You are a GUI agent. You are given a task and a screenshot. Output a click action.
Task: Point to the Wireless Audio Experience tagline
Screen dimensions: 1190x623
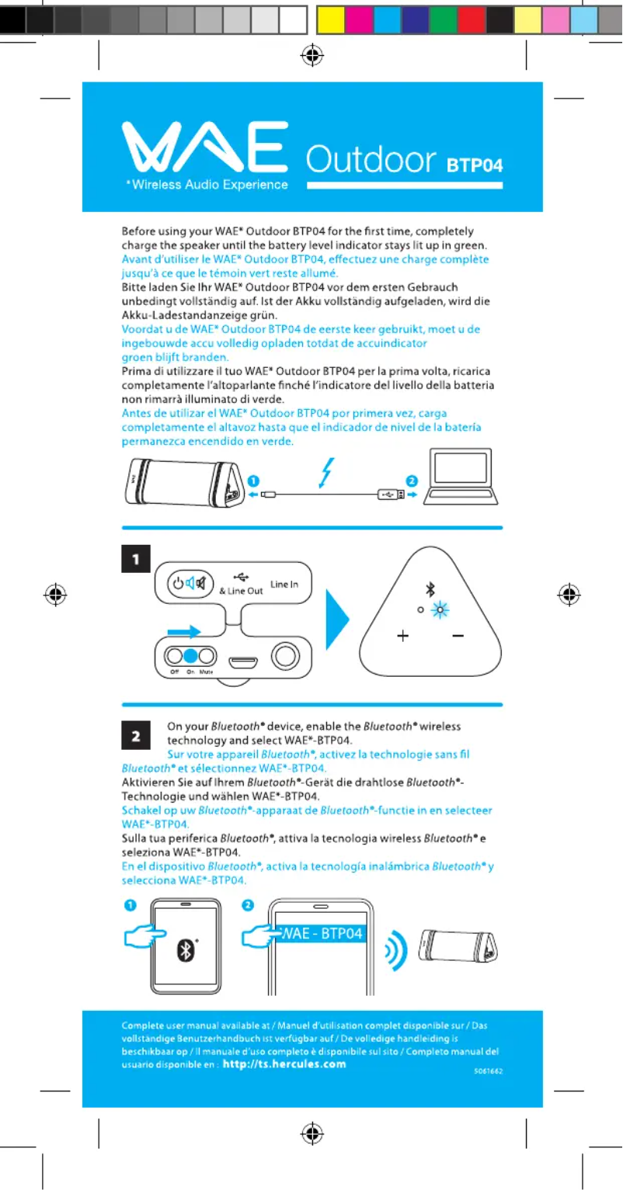[207, 185]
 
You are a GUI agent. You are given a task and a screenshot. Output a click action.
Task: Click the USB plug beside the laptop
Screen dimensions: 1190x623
[390, 493]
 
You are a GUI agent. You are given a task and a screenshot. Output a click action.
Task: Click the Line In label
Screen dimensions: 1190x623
[284, 584]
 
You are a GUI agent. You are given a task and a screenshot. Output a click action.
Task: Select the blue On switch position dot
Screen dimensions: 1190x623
[190, 654]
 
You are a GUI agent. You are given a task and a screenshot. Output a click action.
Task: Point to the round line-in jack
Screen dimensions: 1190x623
[285, 657]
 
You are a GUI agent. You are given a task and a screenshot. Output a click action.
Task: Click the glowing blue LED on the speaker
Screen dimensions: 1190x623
[439, 609]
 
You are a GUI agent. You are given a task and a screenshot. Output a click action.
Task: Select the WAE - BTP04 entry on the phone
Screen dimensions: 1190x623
[320, 933]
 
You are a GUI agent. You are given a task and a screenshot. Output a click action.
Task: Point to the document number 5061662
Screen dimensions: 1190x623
[489, 1070]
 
